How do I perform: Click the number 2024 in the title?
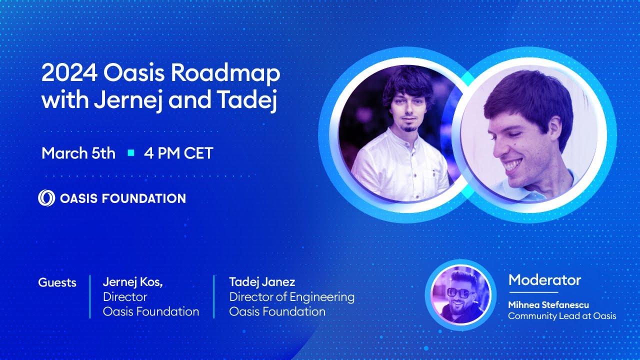click(x=69, y=74)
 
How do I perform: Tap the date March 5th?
click(x=78, y=153)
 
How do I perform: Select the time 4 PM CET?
click(x=178, y=153)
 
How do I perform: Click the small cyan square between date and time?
click(x=131, y=153)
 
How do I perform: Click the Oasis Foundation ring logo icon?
click(x=46, y=198)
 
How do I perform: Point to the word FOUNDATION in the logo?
click(x=144, y=198)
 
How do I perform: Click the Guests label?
click(x=57, y=282)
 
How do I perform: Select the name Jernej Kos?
click(x=133, y=282)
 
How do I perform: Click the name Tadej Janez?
click(x=262, y=282)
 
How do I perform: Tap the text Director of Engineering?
click(x=292, y=297)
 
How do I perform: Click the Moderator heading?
click(x=544, y=280)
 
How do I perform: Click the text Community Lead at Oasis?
click(x=562, y=316)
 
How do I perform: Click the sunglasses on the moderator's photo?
click(x=460, y=293)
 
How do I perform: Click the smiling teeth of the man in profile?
click(x=512, y=165)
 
